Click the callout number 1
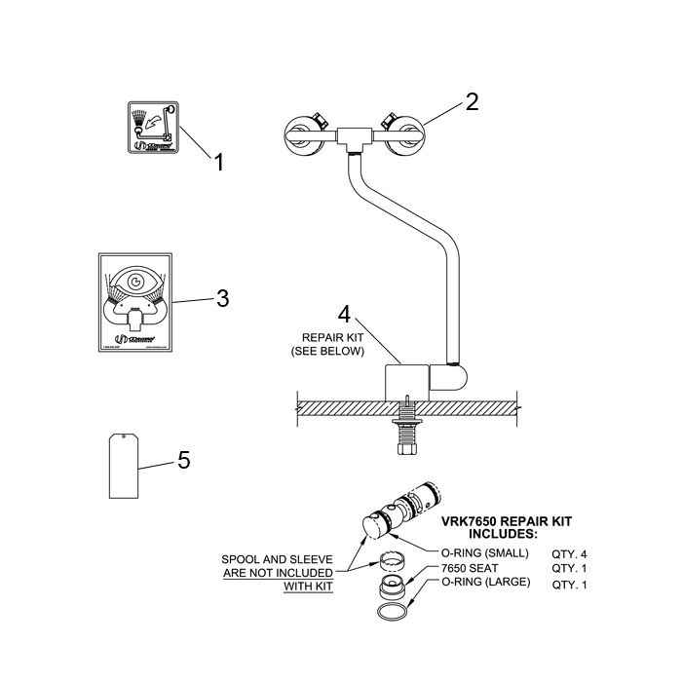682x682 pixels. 219,162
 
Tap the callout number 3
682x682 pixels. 222,298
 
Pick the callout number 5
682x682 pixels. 183,459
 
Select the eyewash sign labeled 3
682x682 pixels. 136,302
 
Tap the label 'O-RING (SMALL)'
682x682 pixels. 485,552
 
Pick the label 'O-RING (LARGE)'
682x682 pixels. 486,583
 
